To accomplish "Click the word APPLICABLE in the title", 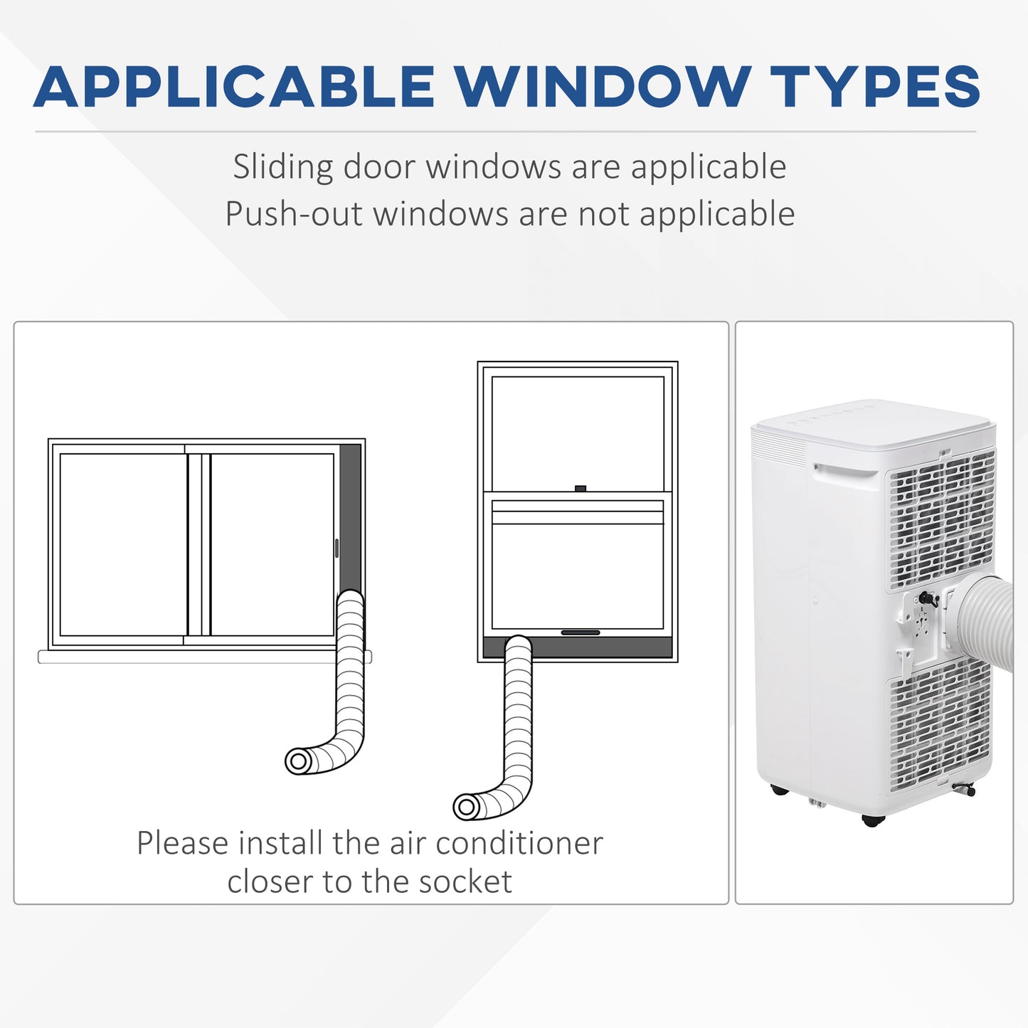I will coord(234,88).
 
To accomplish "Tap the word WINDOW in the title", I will coord(603,88).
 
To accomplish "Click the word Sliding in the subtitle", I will coord(283,168).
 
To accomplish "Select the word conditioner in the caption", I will coord(519,844).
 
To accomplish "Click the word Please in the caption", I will coord(182,844).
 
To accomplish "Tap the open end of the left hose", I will coord(299,762).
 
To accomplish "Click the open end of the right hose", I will coord(467,807).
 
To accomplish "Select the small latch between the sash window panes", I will coord(580,489).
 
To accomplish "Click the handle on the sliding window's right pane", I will coord(337,548).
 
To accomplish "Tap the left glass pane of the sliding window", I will coord(123,544).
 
